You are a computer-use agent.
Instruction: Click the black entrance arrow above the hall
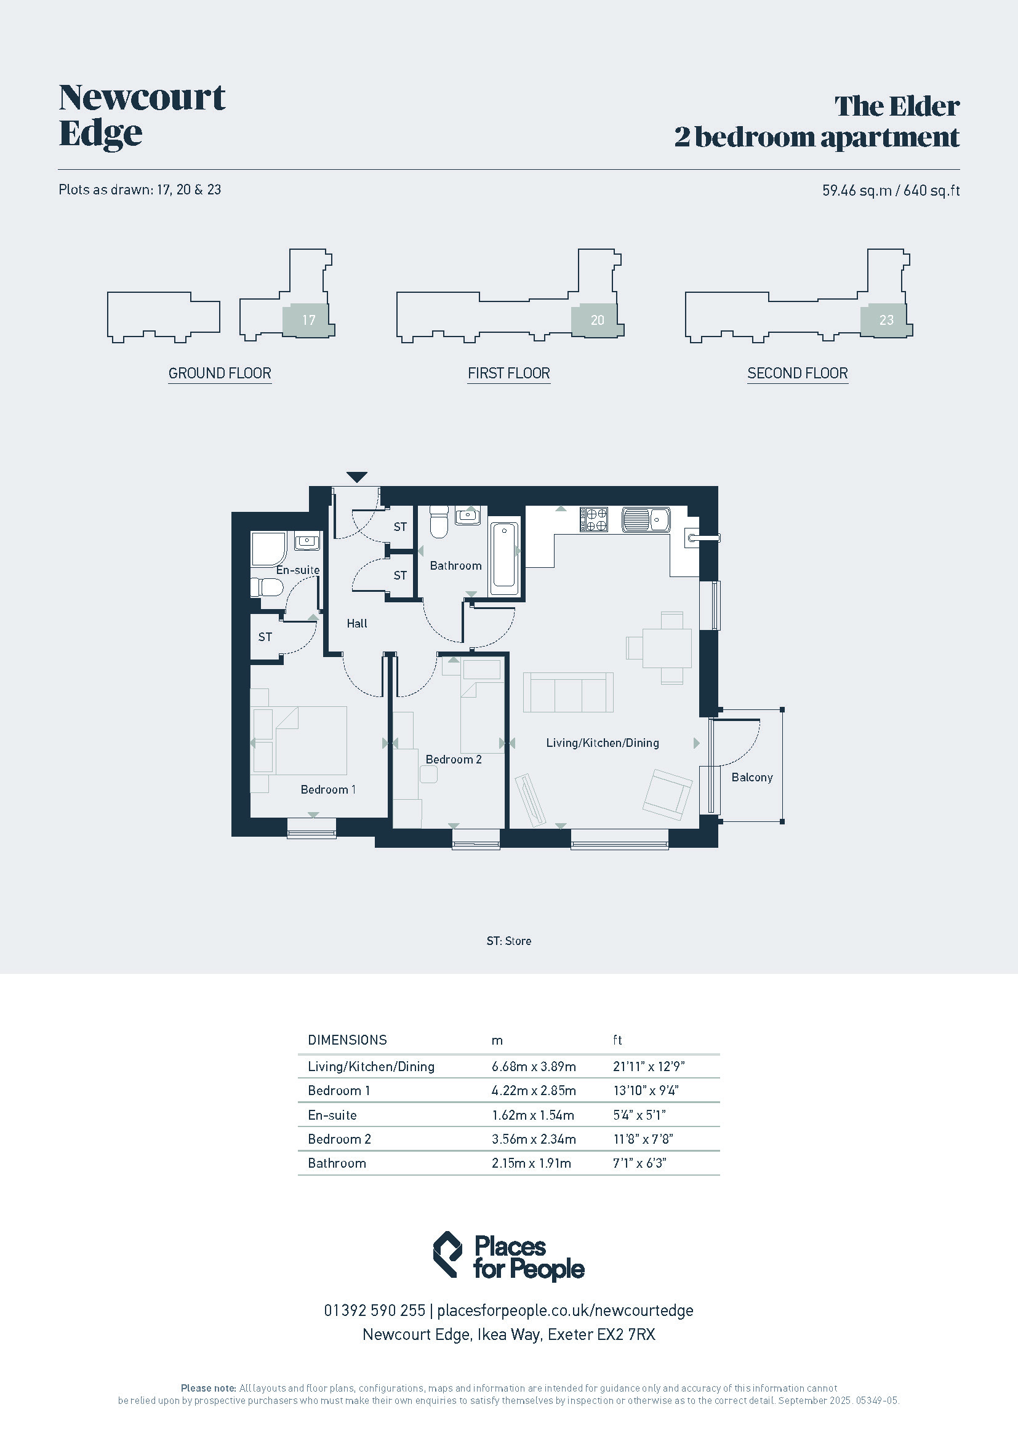[357, 477]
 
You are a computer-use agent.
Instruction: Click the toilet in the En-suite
[267, 588]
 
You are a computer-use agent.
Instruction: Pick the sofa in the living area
[568, 693]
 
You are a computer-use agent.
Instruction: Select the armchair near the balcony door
[668, 795]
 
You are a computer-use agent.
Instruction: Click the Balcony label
[751, 777]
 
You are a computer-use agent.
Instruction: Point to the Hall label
[357, 624]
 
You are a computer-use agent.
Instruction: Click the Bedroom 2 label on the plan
[453, 760]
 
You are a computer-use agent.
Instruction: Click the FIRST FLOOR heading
[509, 373]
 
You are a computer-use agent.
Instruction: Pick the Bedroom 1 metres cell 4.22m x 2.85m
[534, 1091]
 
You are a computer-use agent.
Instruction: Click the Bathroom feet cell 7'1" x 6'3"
[639, 1163]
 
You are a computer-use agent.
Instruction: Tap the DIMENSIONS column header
[347, 1040]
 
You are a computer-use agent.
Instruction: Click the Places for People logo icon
[448, 1254]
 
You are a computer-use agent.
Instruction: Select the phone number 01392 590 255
[374, 1310]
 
